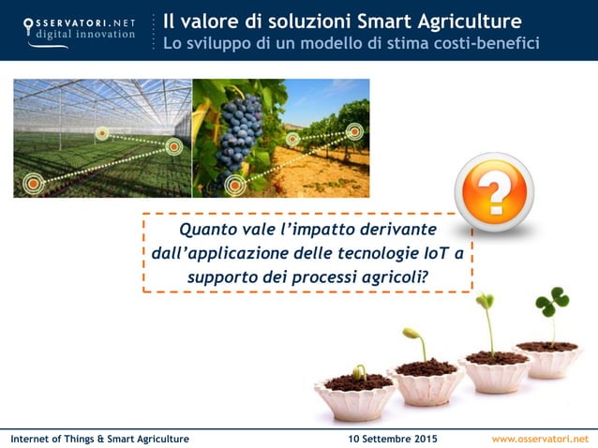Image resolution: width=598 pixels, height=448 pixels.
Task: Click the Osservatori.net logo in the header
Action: click(x=79, y=29)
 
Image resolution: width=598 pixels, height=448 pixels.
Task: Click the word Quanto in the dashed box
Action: click(x=212, y=230)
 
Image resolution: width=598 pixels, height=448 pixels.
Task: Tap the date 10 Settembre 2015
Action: click(x=392, y=439)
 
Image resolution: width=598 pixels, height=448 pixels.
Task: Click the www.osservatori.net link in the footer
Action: click(x=540, y=439)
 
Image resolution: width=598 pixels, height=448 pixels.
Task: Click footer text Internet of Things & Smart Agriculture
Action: click(x=99, y=439)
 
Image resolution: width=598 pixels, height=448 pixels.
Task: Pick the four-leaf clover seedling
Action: click(x=551, y=306)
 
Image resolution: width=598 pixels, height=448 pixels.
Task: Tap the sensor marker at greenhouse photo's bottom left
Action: click(x=33, y=184)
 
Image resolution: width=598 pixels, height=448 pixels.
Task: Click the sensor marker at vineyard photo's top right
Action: click(x=354, y=131)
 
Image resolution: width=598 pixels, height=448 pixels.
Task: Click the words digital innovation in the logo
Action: click(x=80, y=37)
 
